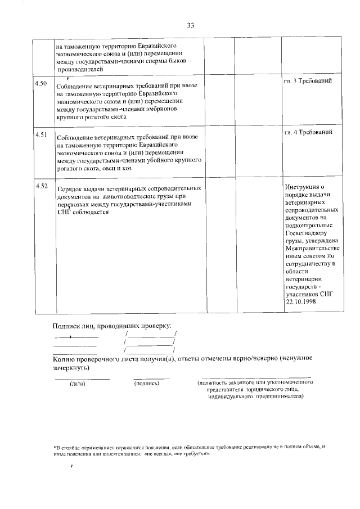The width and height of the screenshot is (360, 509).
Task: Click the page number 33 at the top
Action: coord(190,25)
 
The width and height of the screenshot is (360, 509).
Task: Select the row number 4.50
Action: coord(41,84)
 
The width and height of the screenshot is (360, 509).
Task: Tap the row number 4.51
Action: coord(41,135)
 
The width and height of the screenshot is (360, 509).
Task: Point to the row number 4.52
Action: coord(41,186)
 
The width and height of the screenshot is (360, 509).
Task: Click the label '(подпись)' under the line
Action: coord(147,384)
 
